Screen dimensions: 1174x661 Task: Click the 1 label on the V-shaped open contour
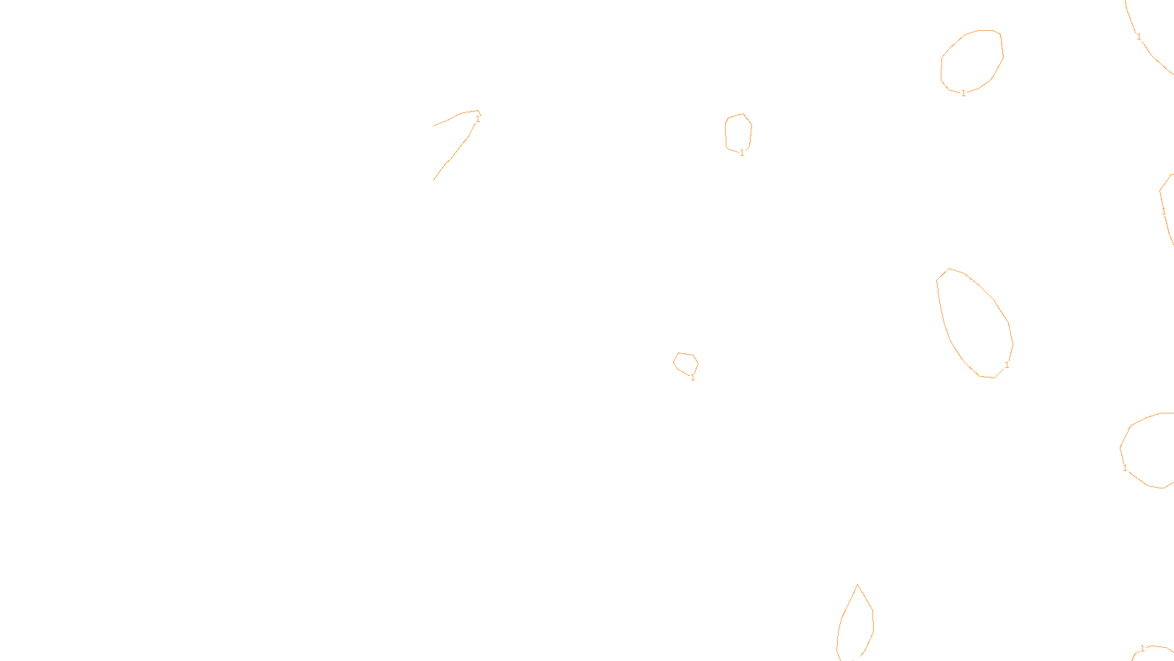click(478, 118)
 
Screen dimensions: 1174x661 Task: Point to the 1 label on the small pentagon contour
click(742, 153)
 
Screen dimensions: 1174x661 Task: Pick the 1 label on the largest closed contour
click(1007, 365)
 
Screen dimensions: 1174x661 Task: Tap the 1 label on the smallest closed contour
click(693, 378)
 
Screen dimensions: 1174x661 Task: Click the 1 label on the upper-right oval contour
click(963, 93)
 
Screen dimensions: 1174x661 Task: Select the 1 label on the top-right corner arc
click(1139, 36)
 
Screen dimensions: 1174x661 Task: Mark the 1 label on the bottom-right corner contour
click(1142, 649)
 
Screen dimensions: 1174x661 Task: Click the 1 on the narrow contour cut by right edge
click(1164, 212)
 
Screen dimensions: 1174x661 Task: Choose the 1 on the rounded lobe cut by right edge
click(1125, 468)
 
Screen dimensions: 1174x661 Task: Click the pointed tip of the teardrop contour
click(857, 585)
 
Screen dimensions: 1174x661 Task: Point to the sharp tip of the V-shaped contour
click(479, 112)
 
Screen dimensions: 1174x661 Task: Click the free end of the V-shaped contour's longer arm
click(434, 180)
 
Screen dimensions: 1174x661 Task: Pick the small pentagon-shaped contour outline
click(726, 132)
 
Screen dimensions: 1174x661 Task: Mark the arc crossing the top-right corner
click(1152, 55)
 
